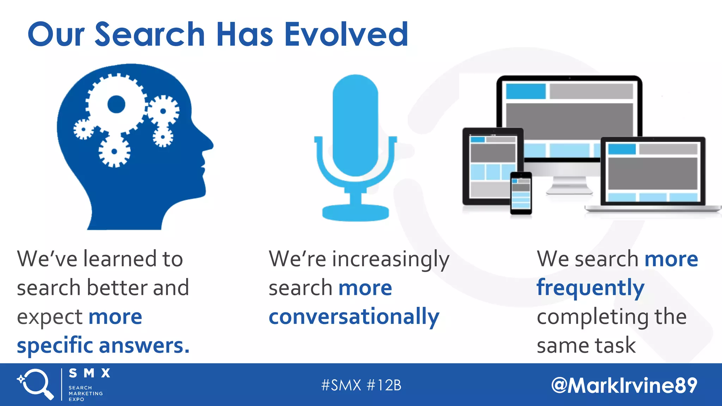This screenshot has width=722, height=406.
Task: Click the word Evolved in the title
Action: (x=346, y=34)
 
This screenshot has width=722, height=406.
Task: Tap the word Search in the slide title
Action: (x=150, y=34)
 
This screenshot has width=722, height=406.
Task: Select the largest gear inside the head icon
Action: (x=116, y=104)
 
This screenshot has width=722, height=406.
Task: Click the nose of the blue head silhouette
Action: (x=209, y=144)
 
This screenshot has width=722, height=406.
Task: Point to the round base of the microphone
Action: (x=355, y=213)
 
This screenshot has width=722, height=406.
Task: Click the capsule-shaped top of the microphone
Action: (x=355, y=123)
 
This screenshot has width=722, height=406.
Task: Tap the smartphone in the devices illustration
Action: (x=521, y=193)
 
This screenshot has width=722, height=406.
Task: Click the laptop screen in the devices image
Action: (x=653, y=171)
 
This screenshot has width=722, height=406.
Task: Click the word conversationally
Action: (x=354, y=316)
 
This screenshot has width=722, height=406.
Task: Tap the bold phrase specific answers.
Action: (x=103, y=345)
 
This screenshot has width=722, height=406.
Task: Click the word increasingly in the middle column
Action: (x=391, y=259)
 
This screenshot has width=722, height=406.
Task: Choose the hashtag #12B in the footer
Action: (x=384, y=385)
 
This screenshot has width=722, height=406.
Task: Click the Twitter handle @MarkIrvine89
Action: (x=624, y=385)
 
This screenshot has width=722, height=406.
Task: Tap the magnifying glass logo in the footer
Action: (x=35, y=384)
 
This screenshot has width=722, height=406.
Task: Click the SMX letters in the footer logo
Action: (x=90, y=373)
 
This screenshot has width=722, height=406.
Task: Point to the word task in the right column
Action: (x=615, y=345)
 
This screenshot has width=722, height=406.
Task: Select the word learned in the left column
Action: (x=120, y=259)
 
